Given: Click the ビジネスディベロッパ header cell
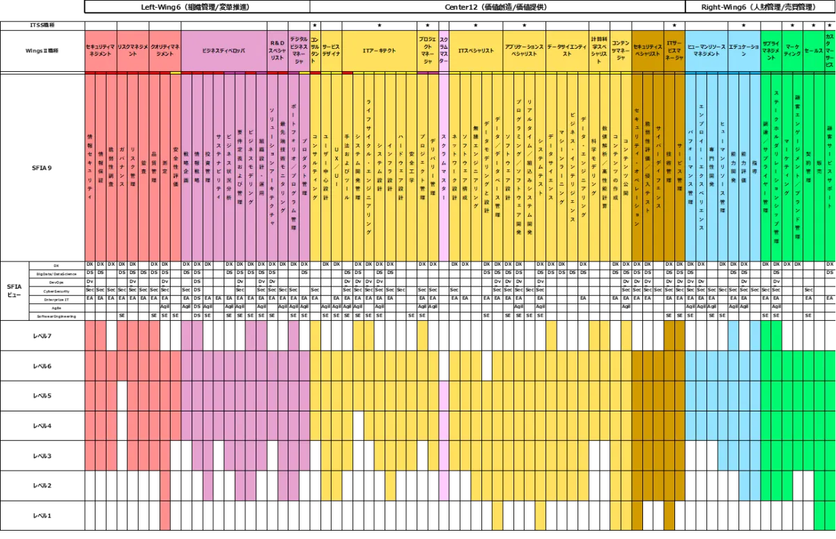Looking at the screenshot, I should [224, 50].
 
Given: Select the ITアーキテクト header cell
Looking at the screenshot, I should [379, 50].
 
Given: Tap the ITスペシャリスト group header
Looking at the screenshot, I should [476, 50].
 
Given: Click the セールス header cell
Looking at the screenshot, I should [813, 50].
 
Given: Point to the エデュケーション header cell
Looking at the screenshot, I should [744, 50].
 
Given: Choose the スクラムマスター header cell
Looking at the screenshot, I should [444, 50].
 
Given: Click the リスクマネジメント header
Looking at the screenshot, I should [132, 50].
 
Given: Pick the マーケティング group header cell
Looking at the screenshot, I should [792, 50].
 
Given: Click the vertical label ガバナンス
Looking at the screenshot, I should [122, 167].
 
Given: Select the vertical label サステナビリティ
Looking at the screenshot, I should [218, 167].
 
